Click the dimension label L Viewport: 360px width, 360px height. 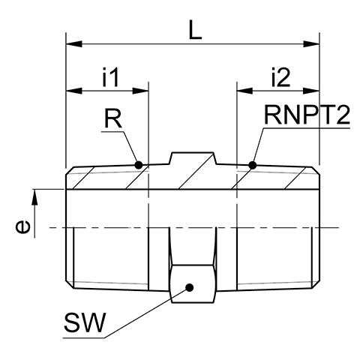tap(195, 30)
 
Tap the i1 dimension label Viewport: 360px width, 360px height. tap(110, 77)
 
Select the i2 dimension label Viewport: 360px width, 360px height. tap(281, 77)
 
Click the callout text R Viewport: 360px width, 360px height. tap(113, 118)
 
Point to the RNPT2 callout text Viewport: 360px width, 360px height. tap(307, 115)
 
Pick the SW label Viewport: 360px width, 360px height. tap(83, 322)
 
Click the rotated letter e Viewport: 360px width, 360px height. tap(23, 226)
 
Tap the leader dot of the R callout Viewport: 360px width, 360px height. tap(138, 165)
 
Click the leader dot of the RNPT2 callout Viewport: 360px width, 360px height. tap(253, 165)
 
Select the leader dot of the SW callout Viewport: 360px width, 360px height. tap(190, 287)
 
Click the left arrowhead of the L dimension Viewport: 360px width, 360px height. tap(74, 44)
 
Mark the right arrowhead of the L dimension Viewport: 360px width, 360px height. tap(311, 44)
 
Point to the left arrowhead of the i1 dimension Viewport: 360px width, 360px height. tap(74, 91)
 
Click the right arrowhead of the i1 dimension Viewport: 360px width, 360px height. tap(140, 91)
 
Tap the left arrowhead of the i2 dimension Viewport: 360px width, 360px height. tap(244, 91)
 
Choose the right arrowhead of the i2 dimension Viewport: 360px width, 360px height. tap(311, 91)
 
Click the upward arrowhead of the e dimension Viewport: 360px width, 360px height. tap(34, 197)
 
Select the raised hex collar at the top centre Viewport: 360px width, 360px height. tap(193, 158)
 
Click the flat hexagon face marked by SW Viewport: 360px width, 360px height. tap(193, 283)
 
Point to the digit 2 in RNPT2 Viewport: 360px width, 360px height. tap(341, 115)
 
